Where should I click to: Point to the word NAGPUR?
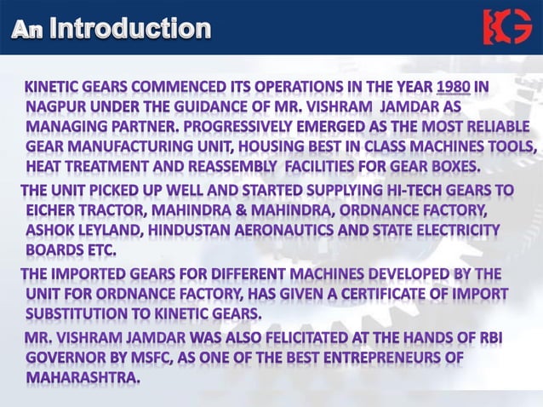coord(54,107)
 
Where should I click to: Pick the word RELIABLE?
coord(494,126)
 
